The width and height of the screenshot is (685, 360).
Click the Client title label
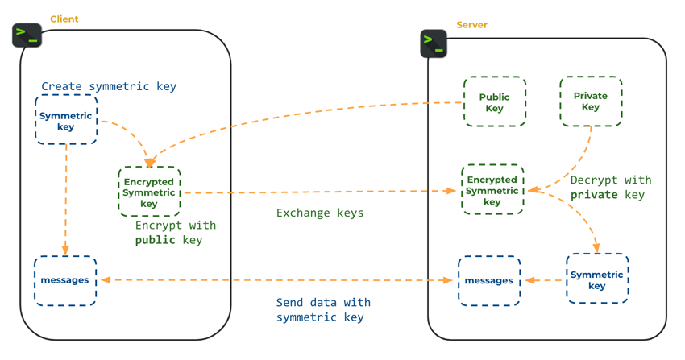[x=64, y=19]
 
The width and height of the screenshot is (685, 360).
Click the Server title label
[x=471, y=25]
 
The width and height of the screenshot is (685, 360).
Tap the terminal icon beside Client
[x=27, y=35]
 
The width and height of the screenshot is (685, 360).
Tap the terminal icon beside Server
[x=434, y=43]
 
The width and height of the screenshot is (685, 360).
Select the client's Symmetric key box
[x=66, y=120]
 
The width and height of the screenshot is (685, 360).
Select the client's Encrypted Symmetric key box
[x=149, y=192]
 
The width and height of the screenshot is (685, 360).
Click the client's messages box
[x=65, y=280]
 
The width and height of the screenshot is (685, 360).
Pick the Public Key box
[x=494, y=102]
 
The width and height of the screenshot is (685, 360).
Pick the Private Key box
[x=591, y=101]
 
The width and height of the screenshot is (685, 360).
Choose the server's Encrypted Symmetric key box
[x=492, y=191]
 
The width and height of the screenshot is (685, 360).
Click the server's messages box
[x=489, y=280]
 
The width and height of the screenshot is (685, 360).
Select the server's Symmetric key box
[x=597, y=279]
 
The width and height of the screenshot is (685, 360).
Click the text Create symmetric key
[x=109, y=86]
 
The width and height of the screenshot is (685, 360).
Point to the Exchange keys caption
[x=320, y=213]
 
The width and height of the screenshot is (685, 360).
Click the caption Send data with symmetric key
[x=322, y=310]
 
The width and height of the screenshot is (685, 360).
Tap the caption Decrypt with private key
[x=610, y=188]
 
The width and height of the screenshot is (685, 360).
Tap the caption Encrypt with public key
[x=175, y=233]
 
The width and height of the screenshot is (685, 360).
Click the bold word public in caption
[x=156, y=240]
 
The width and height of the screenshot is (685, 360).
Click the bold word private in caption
[x=594, y=195]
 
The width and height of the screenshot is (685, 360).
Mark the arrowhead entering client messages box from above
[x=65, y=250]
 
